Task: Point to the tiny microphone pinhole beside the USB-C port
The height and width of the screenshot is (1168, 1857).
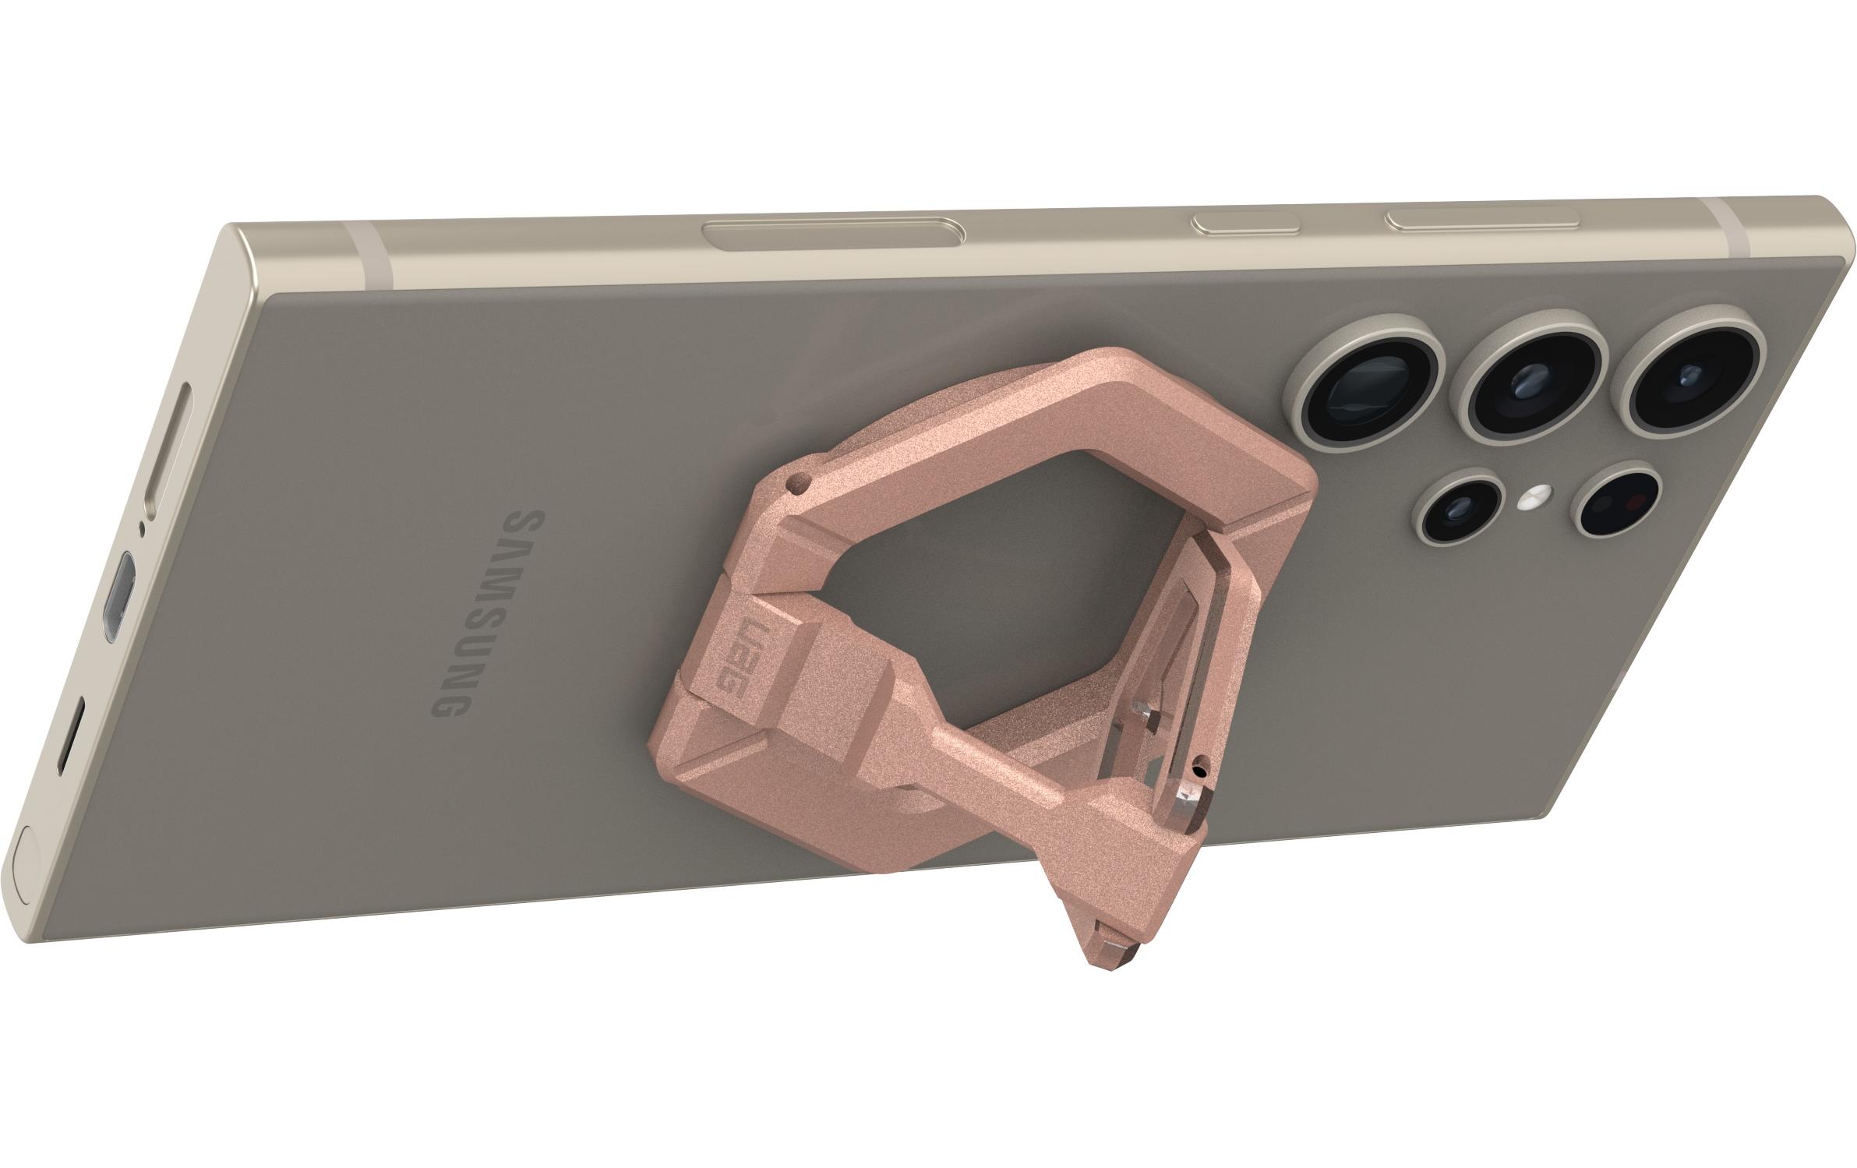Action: (x=140, y=529)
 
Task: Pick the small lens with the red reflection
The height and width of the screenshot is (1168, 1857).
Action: (x=1616, y=503)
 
